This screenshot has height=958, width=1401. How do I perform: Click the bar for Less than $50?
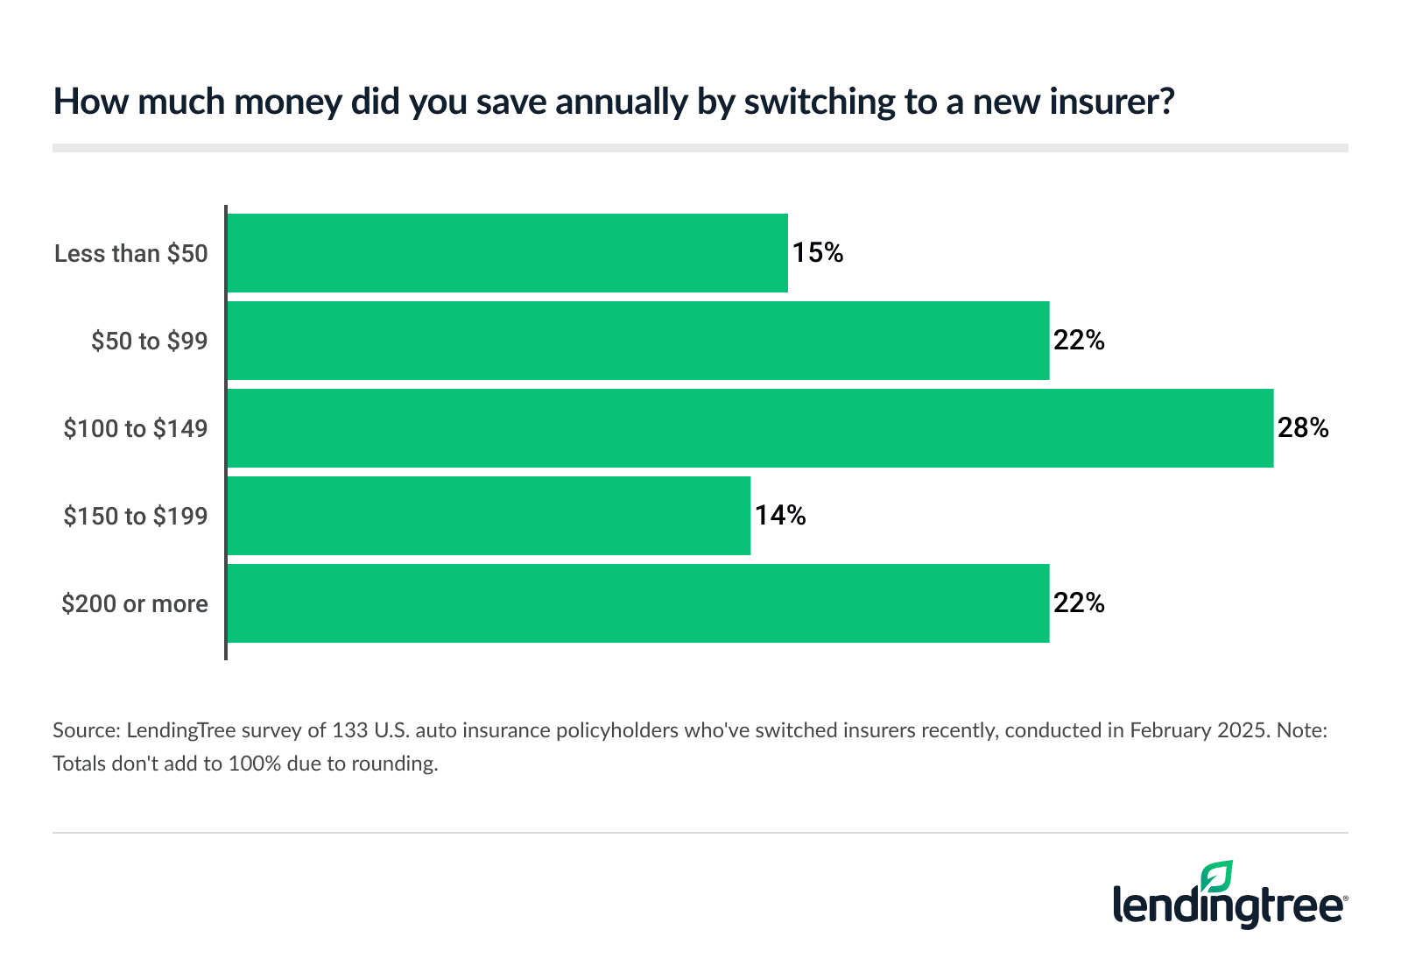[x=508, y=253]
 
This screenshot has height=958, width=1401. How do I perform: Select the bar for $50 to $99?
[x=638, y=341]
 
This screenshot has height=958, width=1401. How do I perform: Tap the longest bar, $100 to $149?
[x=750, y=428]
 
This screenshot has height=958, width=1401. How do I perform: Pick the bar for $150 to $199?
[x=489, y=516]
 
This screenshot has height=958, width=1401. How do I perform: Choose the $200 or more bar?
[x=638, y=603]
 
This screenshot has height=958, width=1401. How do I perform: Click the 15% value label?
[x=818, y=253]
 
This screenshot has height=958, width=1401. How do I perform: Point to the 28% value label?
[x=1303, y=428]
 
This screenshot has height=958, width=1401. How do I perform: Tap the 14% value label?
[x=780, y=516]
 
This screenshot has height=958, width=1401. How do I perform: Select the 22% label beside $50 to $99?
[x=1079, y=341]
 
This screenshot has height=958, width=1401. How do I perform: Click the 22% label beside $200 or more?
[x=1079, y=603]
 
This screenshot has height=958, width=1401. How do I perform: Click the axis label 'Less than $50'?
[x=131, y=254]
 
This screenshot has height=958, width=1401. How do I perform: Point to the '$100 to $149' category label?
[x=136, y=429]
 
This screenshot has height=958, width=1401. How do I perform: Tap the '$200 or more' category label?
[x=135, y=604]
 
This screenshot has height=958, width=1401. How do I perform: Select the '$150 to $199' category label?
[x=136, y=517]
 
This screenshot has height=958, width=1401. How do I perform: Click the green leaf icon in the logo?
[x=1216, y=877]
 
